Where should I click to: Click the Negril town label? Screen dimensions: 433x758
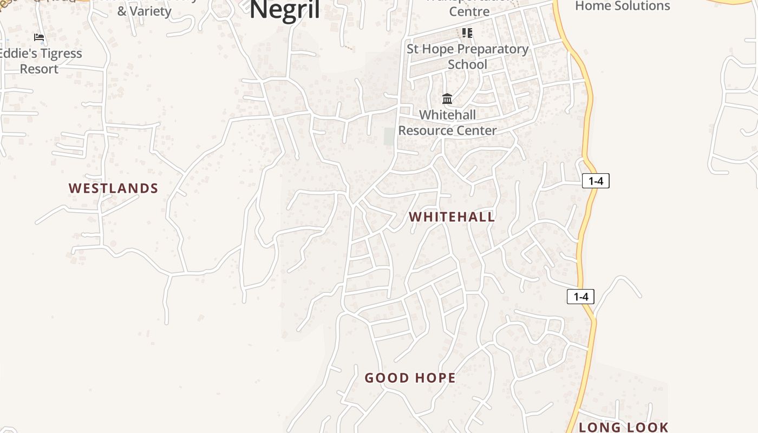point(285,10)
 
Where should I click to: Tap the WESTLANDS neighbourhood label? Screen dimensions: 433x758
point(113,188)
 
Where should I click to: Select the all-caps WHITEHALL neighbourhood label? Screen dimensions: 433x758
point(452,217)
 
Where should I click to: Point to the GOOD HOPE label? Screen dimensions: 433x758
point(410,378)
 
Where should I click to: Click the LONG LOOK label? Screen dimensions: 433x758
point(624,427)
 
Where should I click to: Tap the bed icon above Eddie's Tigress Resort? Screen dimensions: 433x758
point(39,37)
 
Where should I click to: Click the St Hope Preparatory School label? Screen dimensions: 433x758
point(467,56)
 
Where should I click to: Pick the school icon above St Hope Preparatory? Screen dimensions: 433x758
point(467,33)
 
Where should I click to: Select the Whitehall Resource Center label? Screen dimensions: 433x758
point(447,122)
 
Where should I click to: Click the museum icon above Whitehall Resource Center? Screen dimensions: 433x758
point(447,99)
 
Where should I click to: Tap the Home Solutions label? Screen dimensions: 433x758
point(622,6)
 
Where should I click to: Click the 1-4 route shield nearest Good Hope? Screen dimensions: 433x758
point(580,297)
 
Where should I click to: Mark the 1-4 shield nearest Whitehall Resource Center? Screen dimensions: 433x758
point(596,181)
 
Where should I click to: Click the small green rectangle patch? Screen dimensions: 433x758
point(389,136)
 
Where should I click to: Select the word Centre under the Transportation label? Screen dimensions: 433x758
point(469,11)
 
